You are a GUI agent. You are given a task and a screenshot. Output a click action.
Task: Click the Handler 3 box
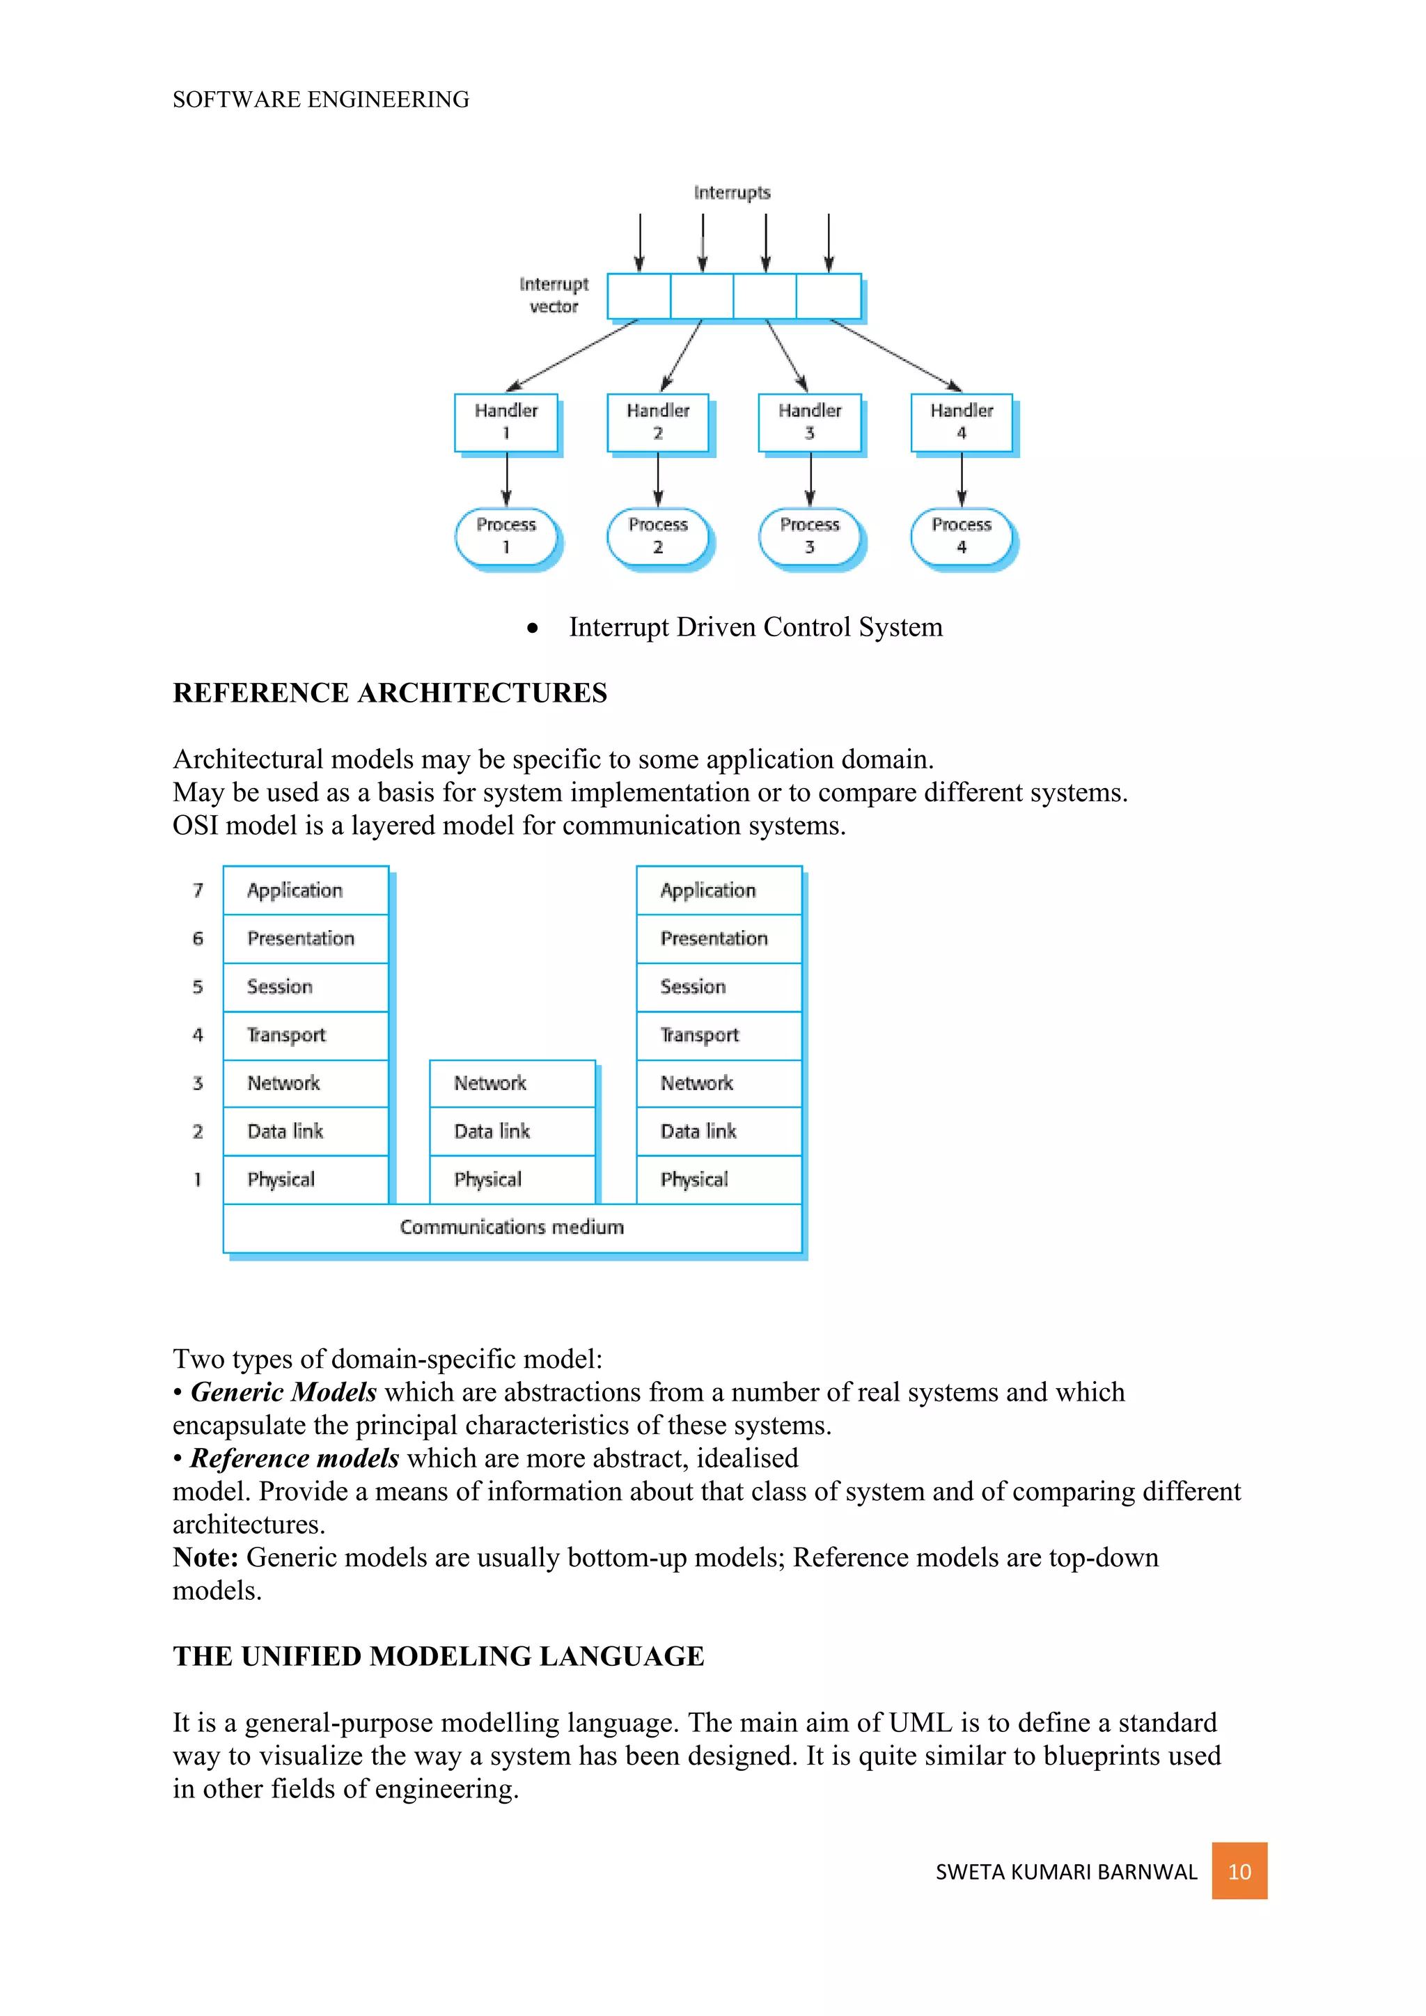pyautogui.click(x=810, y=423)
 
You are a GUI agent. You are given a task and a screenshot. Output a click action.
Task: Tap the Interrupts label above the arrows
pyautogui.click(x=731, y=192)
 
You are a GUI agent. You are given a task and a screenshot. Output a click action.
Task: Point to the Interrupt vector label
pyautogui.click(x=553, y=295)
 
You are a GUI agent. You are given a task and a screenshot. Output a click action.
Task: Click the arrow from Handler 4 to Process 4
pyautogui.click(x=962, y=480)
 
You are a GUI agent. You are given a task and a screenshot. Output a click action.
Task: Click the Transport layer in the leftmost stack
pyautogui.click(x=306, y=1035)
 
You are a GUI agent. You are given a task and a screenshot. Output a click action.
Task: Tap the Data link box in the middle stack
pyautogui.click(x=512, y=1131)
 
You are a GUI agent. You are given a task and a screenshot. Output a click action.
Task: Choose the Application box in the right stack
pyautogui.click(x=719, y=890)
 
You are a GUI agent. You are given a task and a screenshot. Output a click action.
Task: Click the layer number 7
pyautogui.click(x=198, y=890)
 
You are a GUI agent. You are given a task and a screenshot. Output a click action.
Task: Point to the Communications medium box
pyautogui.click(x=512, y=1227)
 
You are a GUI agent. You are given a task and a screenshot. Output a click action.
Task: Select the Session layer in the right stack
pyautogui.click(x=719, y=987)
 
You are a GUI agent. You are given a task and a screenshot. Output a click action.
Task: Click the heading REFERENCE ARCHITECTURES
pyautogui.click(x=389, y=693)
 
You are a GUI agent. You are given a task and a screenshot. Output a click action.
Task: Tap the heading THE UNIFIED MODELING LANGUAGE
pyautogui.click(x=438, y=1656)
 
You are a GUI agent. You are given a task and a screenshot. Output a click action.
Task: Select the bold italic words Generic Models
pyautogui.click(x=283, y=1392)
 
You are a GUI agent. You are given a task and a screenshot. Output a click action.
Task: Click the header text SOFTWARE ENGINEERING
pyautogui.click(x=320, y=100)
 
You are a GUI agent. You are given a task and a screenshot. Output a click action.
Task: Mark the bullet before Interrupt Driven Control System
pyautogui.click(x=532, y=628)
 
